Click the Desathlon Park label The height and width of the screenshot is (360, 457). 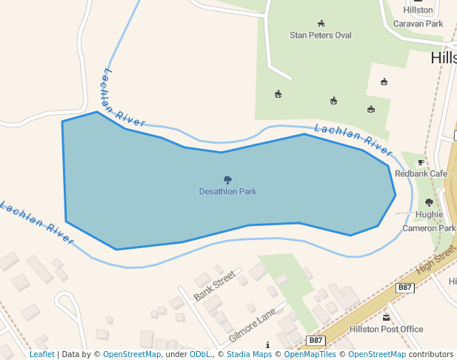[x=227, y=191]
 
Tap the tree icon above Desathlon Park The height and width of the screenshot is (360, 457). [x=227, y=180]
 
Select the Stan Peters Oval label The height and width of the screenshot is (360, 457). [x=320, y=35]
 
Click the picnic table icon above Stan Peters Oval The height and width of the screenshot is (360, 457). [x=321, y=24]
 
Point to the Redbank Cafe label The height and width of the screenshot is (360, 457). [x=421, y=173]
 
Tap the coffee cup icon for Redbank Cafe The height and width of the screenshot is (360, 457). [x=421, y=162]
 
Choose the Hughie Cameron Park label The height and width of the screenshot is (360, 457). [x=429, y=221]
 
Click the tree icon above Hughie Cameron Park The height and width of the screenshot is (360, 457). [x=429, y=202]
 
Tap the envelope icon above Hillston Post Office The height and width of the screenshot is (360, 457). [x=386, y=317]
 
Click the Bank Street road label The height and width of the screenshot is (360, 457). [x=214, y=285]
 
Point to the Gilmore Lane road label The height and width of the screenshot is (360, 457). [x=252, y=325]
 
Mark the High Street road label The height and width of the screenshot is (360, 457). [x=436, y=261]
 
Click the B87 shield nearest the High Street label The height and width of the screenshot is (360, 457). [x=404, y=287]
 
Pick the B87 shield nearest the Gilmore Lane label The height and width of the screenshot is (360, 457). [x=316, y=340]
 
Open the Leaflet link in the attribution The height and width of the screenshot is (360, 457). [x=41, y=354]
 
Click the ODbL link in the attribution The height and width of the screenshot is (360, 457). [x=199, y=354]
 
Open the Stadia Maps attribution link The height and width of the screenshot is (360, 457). [x=249, y=354]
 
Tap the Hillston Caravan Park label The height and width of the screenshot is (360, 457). [x=418, y=16]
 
